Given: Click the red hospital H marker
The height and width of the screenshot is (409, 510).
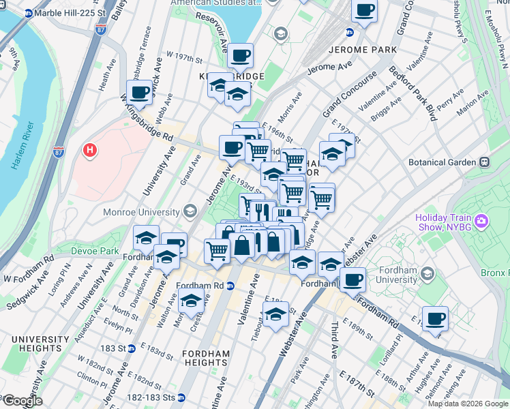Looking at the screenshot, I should coord(89,150).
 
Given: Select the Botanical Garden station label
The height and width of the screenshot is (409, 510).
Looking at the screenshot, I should coord(442,162).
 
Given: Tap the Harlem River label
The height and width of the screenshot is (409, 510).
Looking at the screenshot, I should coord(20,147).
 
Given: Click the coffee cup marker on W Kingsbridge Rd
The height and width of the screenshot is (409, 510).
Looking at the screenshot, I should coord(140,92).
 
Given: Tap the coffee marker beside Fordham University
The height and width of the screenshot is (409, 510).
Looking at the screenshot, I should coord(352,279).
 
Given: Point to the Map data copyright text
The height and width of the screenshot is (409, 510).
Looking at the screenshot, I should coord(467,404).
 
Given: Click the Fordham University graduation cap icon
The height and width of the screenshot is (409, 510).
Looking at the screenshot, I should coord(427,273).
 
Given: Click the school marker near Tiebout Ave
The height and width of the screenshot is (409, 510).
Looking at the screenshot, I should coord(275,315).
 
